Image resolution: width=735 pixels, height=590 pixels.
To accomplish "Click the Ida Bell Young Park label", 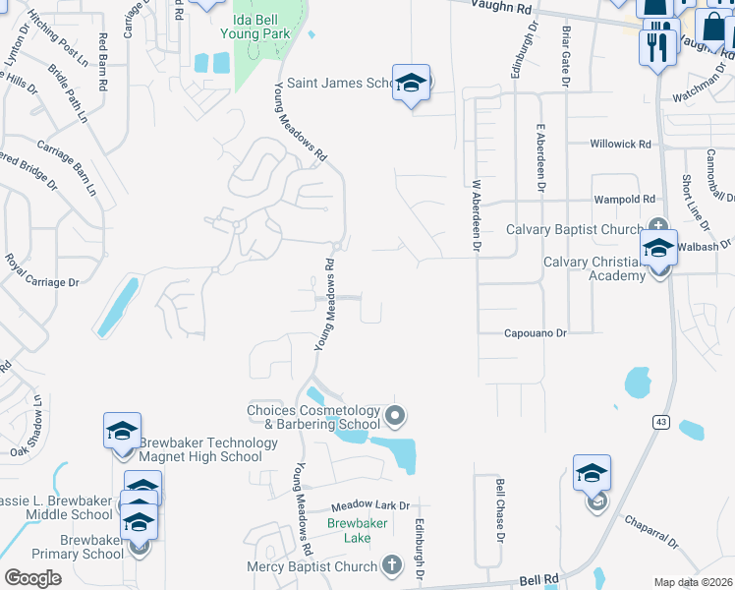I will [262, 27].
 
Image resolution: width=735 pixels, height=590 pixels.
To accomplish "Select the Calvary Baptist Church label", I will [574, 229].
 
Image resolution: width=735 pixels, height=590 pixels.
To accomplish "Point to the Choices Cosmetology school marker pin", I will [395, 417].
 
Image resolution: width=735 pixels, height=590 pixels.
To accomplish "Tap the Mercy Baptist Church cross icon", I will [391, 565].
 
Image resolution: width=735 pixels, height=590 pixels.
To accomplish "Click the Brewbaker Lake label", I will [350, 531].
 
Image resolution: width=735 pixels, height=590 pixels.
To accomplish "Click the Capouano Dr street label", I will [536, 333].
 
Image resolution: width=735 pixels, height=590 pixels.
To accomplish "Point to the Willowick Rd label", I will [620, 144].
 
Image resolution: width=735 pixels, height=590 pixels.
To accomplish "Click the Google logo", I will [32, 578].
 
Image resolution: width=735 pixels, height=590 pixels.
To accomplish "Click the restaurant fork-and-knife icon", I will [656, 45].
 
